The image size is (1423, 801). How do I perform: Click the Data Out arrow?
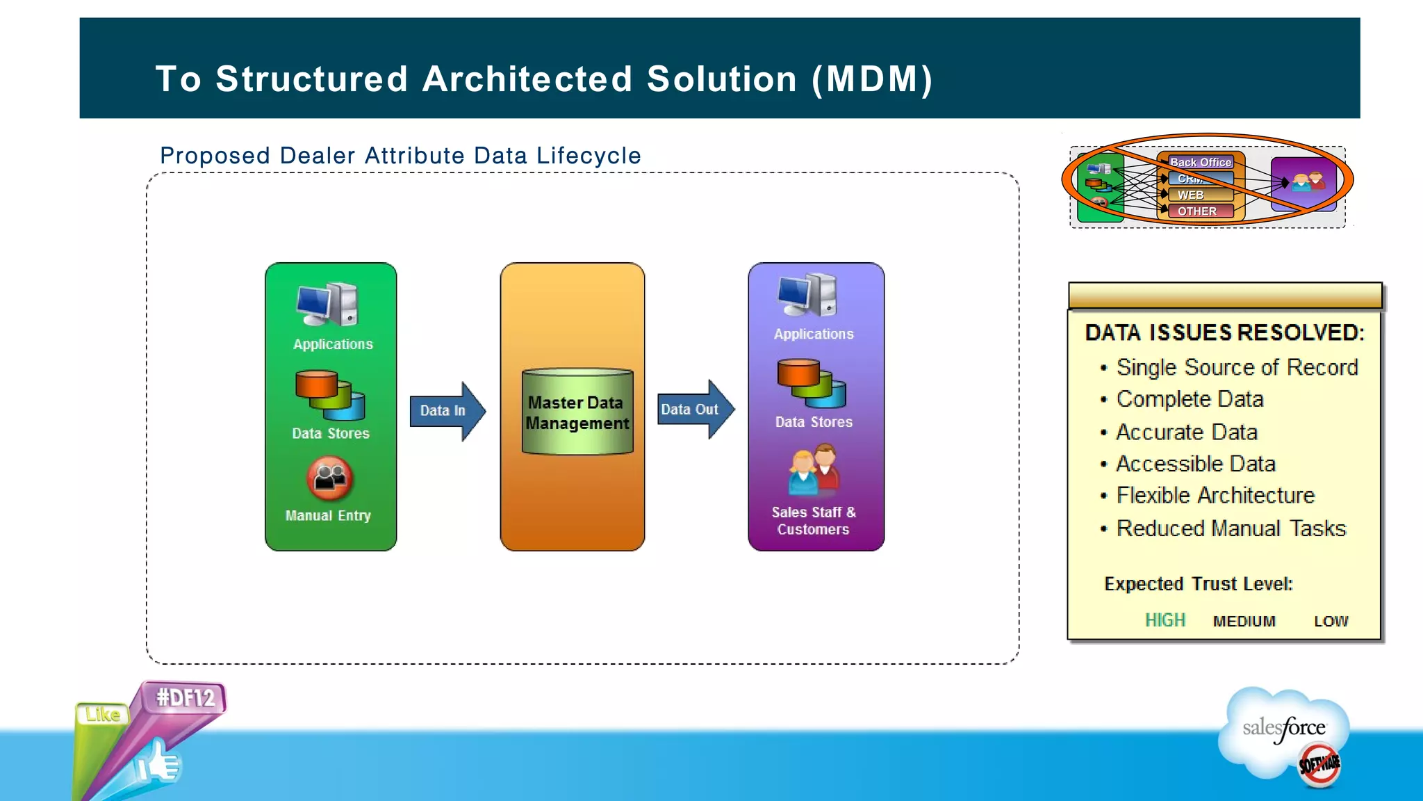694,410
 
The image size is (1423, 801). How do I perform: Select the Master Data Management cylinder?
577,412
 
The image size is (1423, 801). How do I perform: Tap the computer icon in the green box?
327,304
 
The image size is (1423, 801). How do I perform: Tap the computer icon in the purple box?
807,295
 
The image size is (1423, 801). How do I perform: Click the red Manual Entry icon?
330,478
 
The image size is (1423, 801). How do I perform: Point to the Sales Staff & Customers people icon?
814,470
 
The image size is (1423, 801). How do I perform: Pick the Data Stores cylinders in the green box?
330,394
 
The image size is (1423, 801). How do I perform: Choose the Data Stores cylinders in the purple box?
811,383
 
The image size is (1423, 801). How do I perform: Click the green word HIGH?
1165,620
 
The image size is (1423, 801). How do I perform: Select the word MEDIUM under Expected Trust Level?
1244,622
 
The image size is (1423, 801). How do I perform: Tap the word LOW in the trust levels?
1331,622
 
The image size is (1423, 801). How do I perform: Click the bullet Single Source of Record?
1236,367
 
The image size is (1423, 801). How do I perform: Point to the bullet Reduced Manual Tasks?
1231,528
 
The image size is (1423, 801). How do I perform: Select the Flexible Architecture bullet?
1215,495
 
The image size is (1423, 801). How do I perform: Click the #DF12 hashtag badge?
186,697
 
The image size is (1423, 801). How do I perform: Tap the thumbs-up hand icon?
159,762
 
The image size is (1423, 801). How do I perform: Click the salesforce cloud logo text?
1283,728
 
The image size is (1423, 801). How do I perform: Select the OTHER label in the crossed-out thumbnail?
1196,211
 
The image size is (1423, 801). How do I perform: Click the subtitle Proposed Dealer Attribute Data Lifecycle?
400,156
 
